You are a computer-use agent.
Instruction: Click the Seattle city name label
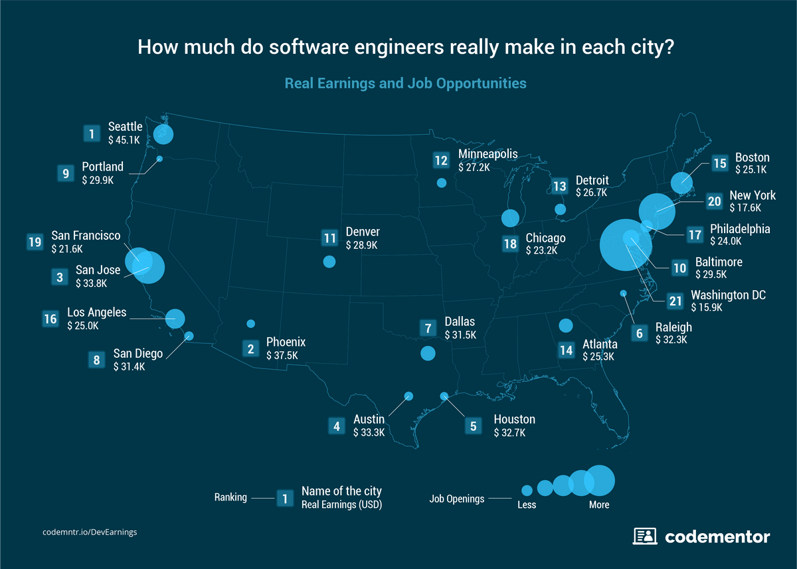[x=125, y=126]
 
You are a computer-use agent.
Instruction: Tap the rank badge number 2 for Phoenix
[x=251, y=349]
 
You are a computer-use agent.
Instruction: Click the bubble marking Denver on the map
[x=329, y=262]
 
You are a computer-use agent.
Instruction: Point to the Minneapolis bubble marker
[x=442, y=183]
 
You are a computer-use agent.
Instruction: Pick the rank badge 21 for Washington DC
[x=675, y=301]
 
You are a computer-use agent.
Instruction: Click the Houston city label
[x=514, y=420]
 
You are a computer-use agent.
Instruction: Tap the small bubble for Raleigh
[x=623, y=293]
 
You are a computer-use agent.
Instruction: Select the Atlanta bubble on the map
[x=566, y=325]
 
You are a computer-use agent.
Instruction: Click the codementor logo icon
[x=645, y=536]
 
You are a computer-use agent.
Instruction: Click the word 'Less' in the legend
[x=527, y=505]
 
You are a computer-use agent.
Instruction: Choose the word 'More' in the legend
[x=598, y=505]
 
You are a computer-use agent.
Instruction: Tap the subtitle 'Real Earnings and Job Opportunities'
[x=405, y=84]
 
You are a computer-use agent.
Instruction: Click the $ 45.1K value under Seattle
[x=124, y=139]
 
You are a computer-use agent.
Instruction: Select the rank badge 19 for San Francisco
[x=35, y=242]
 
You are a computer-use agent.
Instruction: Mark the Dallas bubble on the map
[x=428, y=353]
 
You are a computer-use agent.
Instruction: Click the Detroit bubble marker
[x=560, y=210]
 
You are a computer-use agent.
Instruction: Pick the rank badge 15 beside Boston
[x=719, y=163]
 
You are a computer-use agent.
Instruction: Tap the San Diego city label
[x=137, y=354]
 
